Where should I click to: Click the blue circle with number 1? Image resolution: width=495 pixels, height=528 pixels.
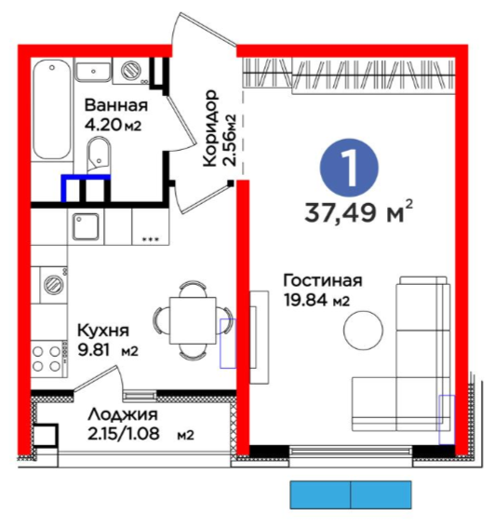click(349, 168)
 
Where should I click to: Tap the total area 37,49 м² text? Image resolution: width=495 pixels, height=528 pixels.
click(359, 212)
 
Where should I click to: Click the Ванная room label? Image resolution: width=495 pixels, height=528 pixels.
click(115, 105)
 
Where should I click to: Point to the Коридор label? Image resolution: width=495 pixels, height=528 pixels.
click(210, 128)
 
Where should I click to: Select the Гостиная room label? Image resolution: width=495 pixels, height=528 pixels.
click(323, 280)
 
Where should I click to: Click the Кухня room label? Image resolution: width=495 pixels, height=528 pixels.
click(103, 331)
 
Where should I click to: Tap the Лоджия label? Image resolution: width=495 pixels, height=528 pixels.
click(123, 414)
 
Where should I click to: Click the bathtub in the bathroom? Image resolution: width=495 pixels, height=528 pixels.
click(52, 109)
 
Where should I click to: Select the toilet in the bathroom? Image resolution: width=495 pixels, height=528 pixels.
click(99, 156)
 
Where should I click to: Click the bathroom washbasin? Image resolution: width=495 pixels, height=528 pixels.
click(93, 72)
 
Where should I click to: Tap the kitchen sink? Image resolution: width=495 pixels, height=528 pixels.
click(86, 226)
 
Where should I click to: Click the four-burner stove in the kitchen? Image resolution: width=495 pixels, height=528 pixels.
click(47, 359)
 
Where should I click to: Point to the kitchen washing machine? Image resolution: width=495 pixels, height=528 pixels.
click(54, 285)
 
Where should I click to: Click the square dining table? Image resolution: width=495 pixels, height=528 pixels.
click(193, 320)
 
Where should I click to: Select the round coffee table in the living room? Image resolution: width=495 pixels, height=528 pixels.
click(363, 330)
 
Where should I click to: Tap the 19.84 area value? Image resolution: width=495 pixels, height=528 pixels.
click(305, 300)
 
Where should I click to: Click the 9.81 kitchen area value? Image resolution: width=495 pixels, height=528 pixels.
click(94, 350)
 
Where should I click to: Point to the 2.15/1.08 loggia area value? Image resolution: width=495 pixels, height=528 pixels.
click(124, 434)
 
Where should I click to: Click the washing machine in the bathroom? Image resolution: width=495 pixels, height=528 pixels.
click(129, 71)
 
